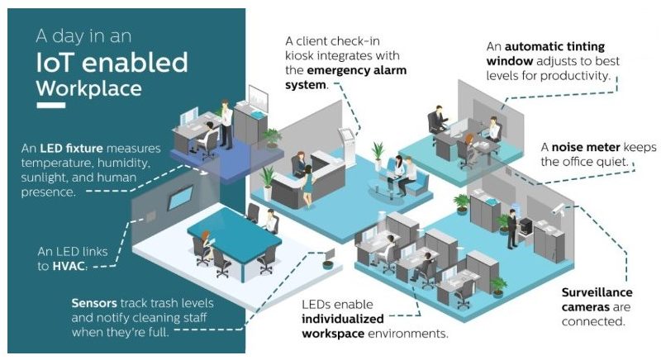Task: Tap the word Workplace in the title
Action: pos(89,88)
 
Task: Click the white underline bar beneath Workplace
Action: pos(51,105)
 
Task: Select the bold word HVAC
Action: pos(69,266)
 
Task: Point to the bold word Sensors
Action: pos(94,303)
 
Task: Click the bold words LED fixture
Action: pos(71,148)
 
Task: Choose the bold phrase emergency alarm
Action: pos(357,70)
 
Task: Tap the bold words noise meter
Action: pos(586,147)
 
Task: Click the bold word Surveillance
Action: pos(597,292)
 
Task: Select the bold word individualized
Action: pos(343,319)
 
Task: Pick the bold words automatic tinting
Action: pos(554,46)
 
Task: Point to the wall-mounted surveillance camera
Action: pos(559,209)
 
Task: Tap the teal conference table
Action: pos(234,237)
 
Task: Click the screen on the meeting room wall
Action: pos(180,197)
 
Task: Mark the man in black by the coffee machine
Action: pos(512,229)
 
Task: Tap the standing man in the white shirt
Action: pos(226,124)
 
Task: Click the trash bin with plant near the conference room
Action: pos(328,263)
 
